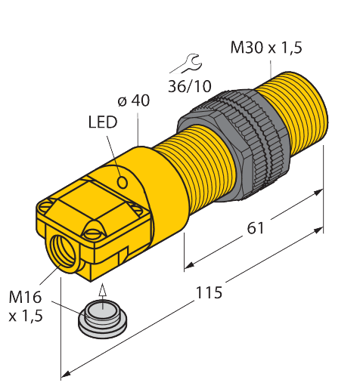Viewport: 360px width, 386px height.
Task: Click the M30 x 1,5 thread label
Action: click(265, 48)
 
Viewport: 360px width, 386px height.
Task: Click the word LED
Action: click(102, 122)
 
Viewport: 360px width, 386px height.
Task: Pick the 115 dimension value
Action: click(207, 292)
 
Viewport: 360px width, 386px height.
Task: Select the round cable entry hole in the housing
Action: click(61, 247)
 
